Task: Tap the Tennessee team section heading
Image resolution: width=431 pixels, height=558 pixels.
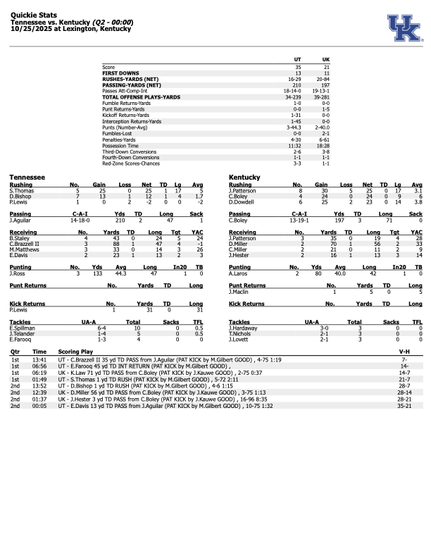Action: pos(27,178)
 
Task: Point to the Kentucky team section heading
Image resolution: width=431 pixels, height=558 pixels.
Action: pos(245,178)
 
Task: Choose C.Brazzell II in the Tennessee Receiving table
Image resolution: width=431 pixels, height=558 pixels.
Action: pos(24,244)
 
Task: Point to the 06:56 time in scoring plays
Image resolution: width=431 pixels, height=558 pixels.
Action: pos(39,366)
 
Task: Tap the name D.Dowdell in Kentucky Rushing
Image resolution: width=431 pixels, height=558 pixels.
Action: pos(240,201)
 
